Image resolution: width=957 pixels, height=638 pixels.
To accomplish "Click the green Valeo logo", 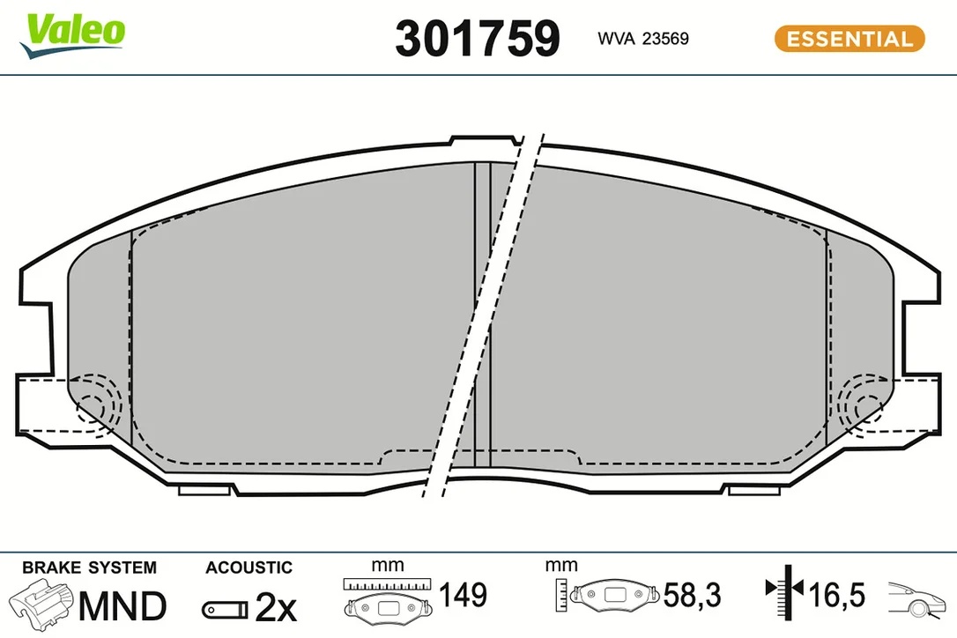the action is (73, 34).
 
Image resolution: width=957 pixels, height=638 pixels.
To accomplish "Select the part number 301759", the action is (478, 39).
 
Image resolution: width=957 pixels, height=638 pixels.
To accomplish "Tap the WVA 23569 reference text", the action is (642, 39).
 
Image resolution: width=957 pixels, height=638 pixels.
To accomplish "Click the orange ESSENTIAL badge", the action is (849, 39).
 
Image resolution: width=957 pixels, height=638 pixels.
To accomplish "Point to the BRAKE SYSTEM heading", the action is (90, 568).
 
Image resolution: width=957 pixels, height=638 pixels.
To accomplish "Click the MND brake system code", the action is (122, 605).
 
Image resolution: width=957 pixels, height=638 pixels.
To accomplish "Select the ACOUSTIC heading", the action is (249, 568).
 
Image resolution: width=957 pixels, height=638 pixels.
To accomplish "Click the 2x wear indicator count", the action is (276, 607).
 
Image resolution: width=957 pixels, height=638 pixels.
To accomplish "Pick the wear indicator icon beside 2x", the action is (226, 609).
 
